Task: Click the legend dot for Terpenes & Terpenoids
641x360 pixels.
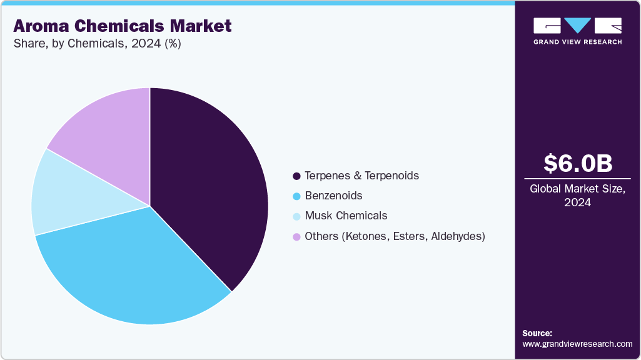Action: [x=296, y=176]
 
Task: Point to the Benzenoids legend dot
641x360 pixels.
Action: [x=296, y=196]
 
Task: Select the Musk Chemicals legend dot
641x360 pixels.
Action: [x=296, y=216]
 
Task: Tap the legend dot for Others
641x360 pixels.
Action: [x=296, y=236]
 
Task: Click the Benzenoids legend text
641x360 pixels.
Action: [x=333, y=196]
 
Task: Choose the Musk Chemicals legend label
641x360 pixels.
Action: [x=346, y=216]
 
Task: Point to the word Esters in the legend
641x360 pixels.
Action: [x=410, y=236]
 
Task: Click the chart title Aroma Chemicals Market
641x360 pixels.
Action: [x=123, y=26]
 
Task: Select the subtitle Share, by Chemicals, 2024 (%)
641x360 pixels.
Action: [x=97, y=44]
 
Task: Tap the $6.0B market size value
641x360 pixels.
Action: [x=577, y=163]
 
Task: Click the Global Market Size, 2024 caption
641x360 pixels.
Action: [x=577, y=195]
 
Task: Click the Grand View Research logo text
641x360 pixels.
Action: [x=577, y=42]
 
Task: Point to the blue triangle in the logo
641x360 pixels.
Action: [x=578, y=26]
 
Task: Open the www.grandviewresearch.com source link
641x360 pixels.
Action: [x=577, y=344]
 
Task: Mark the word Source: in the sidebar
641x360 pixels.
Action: [x=537, y=333]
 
